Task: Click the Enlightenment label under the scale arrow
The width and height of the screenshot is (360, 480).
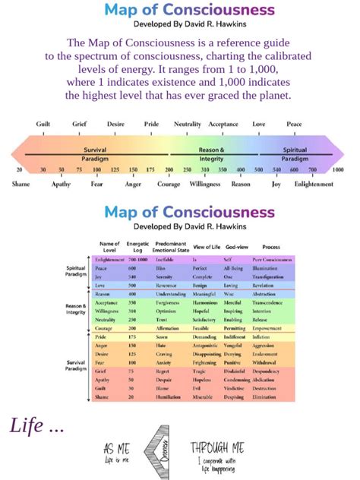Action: pos(314,184)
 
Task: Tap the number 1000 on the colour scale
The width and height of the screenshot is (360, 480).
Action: pos(337,169)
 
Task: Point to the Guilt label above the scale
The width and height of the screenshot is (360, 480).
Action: pos(43,124)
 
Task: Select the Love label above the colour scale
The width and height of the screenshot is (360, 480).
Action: pos(259,124)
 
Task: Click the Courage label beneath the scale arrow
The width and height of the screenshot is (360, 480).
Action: pos(169,184)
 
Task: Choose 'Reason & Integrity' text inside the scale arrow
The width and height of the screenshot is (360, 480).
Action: pos(211,154)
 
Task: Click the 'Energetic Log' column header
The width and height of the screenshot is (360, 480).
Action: pos(137,247)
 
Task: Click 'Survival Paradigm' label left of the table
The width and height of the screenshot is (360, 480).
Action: pos(75,365)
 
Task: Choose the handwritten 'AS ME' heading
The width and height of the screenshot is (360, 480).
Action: pos(117,449)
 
